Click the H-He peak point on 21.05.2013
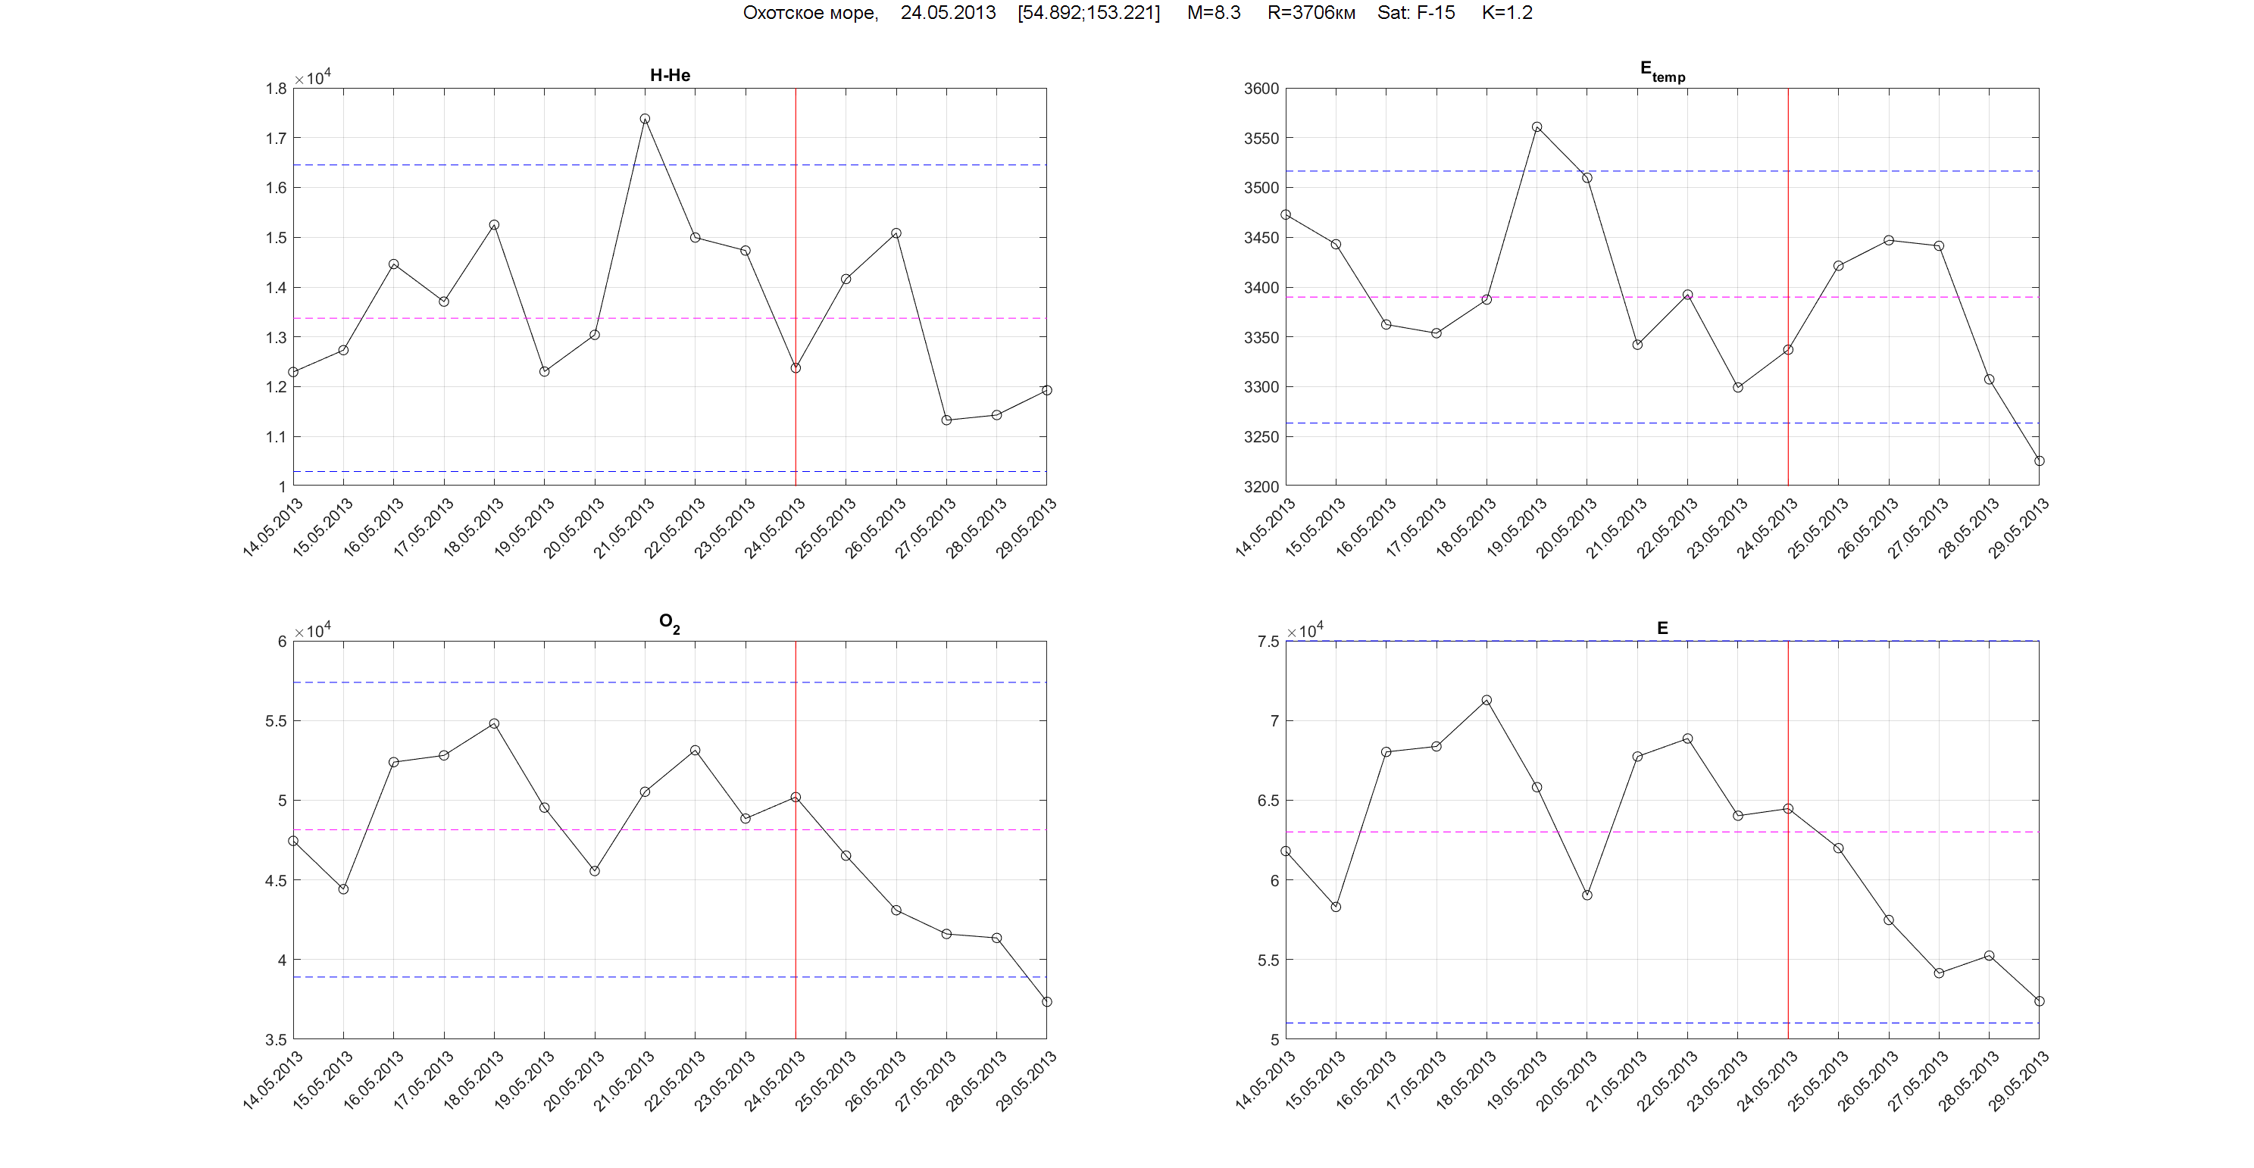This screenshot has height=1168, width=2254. pyautogui.click(x=645, y=119)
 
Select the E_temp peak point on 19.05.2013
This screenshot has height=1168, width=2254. pyautogui.click(x=1537, y=126)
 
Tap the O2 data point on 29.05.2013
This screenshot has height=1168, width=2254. pyautogui.click(x=1046, y=1002)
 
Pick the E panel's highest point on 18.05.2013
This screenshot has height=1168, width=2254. pyautogui.click(x=1487, y=700)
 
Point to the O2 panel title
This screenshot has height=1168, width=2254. pyautogui.click(x=669, y=623)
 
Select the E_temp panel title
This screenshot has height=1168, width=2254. pyautogui.click(x=1662, y=71)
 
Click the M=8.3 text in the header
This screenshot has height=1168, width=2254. pyautogui.click(x=1213, y=12)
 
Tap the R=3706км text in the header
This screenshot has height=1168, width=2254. pyautogui.click(x=1311, y=12)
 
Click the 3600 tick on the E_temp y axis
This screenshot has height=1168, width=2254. pyautogui.click(x=1261, y=89)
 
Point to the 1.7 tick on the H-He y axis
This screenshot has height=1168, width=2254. pyautogui.click(x=276, y=138)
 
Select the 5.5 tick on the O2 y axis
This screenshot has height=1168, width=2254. pyautogui.click(x=276, y=721)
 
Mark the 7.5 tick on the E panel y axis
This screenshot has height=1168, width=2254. pyautogui.click(x=1268, y=642)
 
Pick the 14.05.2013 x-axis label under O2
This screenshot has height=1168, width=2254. pyautogui.click(x=273, y=1080)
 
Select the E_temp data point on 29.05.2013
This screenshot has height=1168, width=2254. pyautogui.click(x=2039, y=461)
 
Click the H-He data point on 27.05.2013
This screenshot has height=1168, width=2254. pyautogui.click(x=946, y=420)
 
